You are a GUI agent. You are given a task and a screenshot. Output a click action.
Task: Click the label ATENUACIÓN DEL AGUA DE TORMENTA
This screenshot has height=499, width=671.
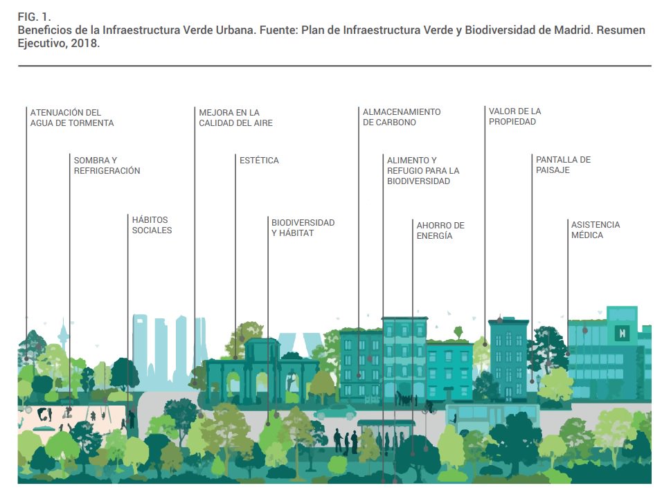pos(72,118)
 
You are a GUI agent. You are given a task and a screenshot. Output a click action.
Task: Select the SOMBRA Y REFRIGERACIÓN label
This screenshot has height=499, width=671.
pos(107,165)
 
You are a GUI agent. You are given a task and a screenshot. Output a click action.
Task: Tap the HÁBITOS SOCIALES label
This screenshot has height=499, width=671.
pos(152,225)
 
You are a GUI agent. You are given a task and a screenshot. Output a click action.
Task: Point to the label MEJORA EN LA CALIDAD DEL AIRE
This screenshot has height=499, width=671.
pos(235,118)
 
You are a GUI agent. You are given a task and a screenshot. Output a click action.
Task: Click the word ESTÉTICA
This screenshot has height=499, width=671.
pos(259,161)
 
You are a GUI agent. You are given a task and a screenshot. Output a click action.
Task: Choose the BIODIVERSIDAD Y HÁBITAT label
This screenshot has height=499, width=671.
pos(303,228)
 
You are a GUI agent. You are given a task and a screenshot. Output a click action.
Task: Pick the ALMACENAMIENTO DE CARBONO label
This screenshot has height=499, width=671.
pos(402,117)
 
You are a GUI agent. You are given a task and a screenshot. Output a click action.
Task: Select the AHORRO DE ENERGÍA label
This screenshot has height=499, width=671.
pos(440,230)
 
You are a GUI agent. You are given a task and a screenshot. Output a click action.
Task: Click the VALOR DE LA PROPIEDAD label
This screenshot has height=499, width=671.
pos(515,116)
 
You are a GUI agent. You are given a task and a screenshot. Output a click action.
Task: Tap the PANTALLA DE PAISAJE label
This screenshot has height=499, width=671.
pos(563,165)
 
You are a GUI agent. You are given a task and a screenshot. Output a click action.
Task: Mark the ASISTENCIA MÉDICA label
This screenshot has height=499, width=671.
pos(596,230)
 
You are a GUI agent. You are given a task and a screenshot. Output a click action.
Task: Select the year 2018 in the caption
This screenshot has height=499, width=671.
pos(86,43)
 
